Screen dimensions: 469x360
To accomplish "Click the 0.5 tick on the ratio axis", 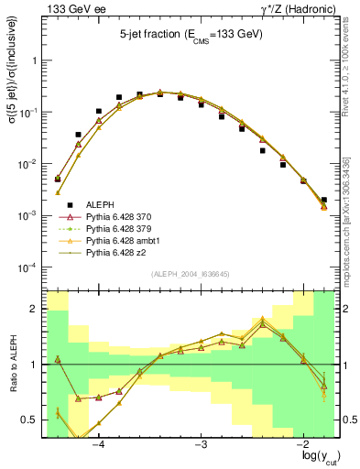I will pyautogui.click(x=29, y=420).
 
